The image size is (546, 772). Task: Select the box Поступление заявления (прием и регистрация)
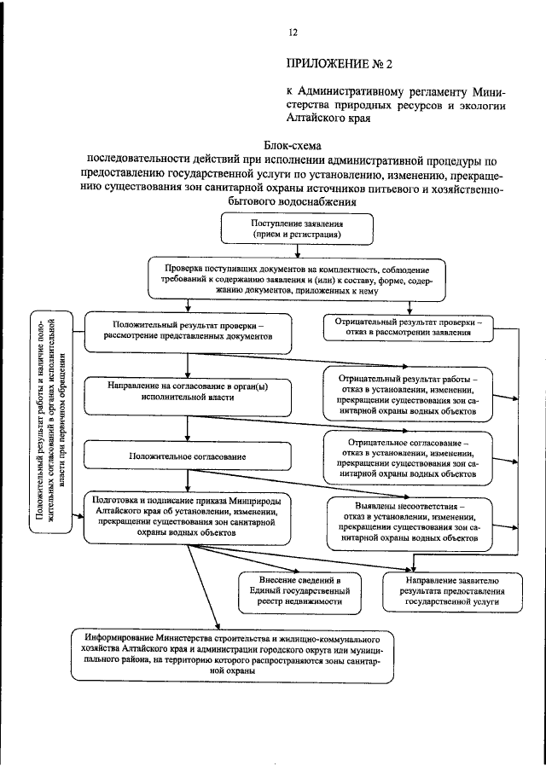296,228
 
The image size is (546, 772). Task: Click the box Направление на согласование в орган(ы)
189,392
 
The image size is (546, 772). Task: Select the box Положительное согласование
189,457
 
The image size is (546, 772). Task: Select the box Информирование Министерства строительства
232,654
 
